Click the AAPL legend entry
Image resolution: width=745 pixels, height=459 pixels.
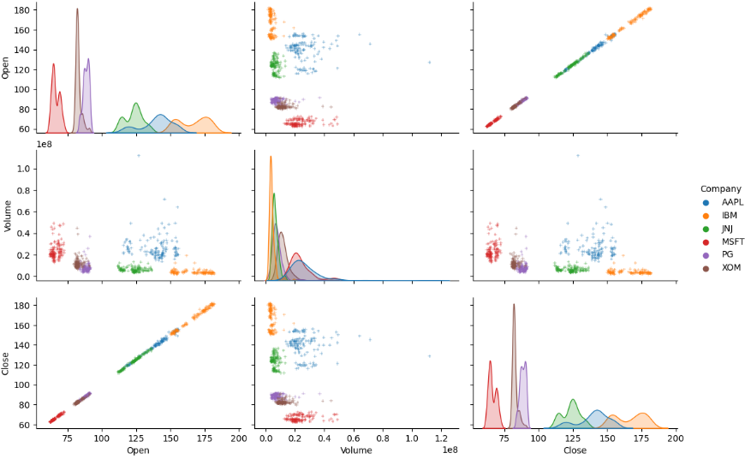tap(722, 201)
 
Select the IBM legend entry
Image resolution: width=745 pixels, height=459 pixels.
tap(720, 215)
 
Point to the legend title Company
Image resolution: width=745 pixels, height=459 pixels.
tap(719, 188)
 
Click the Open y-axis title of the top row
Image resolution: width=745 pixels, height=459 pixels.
tap(7, 68)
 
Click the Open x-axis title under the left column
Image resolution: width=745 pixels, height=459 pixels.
tap(138, 450)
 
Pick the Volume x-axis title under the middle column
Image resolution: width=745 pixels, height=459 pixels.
tap(356, 450)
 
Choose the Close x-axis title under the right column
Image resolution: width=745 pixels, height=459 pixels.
tap(575, 450)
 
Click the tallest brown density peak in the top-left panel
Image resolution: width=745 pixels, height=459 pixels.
tap(77, 9)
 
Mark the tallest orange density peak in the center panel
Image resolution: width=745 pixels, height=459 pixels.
tap(271, 157)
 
